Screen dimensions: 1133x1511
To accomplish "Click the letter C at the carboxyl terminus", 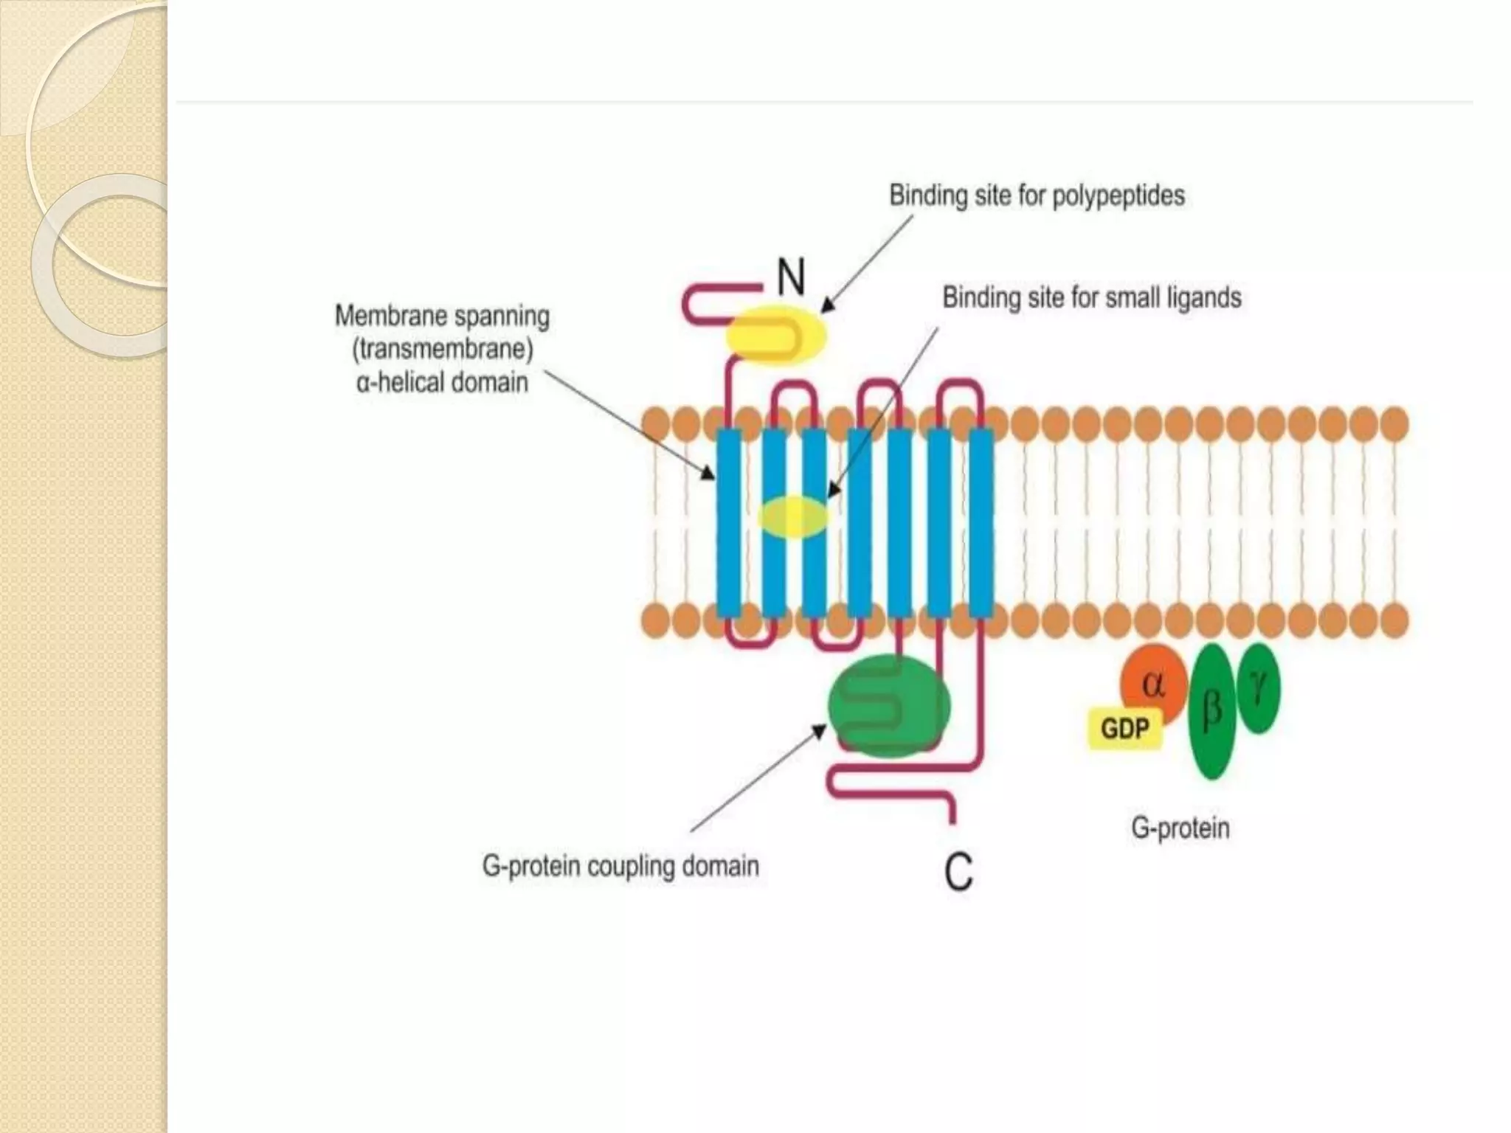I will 958,872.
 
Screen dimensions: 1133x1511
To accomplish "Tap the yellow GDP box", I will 1124,729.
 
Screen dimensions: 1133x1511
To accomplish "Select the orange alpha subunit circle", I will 1152,683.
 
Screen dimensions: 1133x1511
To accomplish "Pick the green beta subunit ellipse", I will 1211,711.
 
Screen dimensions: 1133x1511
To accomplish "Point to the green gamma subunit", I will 1259,687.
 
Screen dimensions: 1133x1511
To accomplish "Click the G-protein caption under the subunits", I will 1180,828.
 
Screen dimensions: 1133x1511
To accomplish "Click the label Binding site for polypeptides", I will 1036,195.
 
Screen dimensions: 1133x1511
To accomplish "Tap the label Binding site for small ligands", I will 1091,298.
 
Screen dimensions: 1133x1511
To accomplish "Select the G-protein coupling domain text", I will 620,865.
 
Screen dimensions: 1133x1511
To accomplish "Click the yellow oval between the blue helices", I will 793,516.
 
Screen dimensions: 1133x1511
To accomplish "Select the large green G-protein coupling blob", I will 888,707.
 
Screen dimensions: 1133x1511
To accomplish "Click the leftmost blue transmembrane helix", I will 729,524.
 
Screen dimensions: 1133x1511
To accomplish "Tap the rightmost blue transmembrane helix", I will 981,524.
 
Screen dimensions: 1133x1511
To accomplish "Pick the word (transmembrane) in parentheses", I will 442,349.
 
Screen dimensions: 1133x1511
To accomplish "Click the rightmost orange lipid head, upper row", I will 1394,425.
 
